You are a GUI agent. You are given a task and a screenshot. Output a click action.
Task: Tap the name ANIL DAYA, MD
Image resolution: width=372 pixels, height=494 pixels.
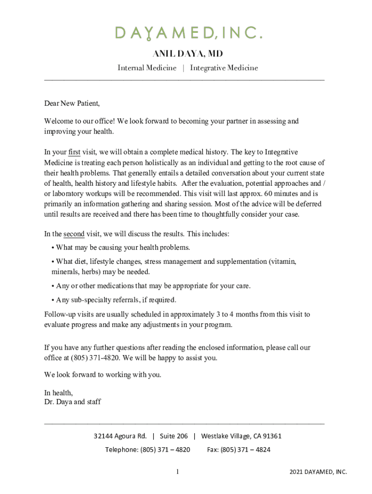coord(188,53)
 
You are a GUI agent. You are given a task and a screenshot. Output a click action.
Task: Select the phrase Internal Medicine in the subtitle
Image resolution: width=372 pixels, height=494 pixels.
coord(147,68)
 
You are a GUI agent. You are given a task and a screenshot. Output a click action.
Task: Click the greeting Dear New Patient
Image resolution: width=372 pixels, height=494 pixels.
coord(72,103)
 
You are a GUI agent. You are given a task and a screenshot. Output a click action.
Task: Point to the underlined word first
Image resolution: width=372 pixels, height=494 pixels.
coord(74,152)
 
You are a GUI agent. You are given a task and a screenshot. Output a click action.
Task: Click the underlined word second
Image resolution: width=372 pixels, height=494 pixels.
coord(74,234)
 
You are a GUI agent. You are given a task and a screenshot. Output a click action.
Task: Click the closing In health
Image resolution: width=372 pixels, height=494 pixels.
coord(58,393)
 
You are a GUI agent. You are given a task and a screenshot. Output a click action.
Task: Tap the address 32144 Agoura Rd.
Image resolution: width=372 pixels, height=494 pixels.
coord(120,436)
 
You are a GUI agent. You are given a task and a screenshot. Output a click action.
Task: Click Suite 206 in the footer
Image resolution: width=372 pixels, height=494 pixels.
coord(174,436)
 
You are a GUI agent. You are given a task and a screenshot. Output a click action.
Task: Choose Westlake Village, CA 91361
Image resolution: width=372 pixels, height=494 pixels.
coord(241,436)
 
